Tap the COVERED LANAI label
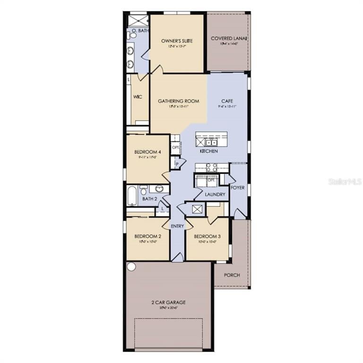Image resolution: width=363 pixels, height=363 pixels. pos(230,39)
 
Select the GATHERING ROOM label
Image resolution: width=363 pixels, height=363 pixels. pos(178,101)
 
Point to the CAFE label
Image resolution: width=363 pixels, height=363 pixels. pos(227,101)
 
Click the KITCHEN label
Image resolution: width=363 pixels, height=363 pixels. pos(208,151)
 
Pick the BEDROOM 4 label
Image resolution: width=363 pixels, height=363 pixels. pos(148,152)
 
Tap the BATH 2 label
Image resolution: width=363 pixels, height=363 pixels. pos(150,199)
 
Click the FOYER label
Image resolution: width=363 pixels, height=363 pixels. pos(238,188)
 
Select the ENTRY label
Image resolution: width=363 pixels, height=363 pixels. pos(177,226)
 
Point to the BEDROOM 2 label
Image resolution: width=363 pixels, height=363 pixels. pos(148,236)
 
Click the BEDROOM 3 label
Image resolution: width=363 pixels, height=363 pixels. pos(207,236)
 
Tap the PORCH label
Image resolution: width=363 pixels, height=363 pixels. pos(232,275)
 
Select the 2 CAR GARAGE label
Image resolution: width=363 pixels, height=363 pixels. pos(168,302)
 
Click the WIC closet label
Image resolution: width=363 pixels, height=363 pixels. pos(138,97)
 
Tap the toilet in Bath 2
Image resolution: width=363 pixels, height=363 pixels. pos(144,190)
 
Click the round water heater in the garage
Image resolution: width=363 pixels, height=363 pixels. pos(131,267)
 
